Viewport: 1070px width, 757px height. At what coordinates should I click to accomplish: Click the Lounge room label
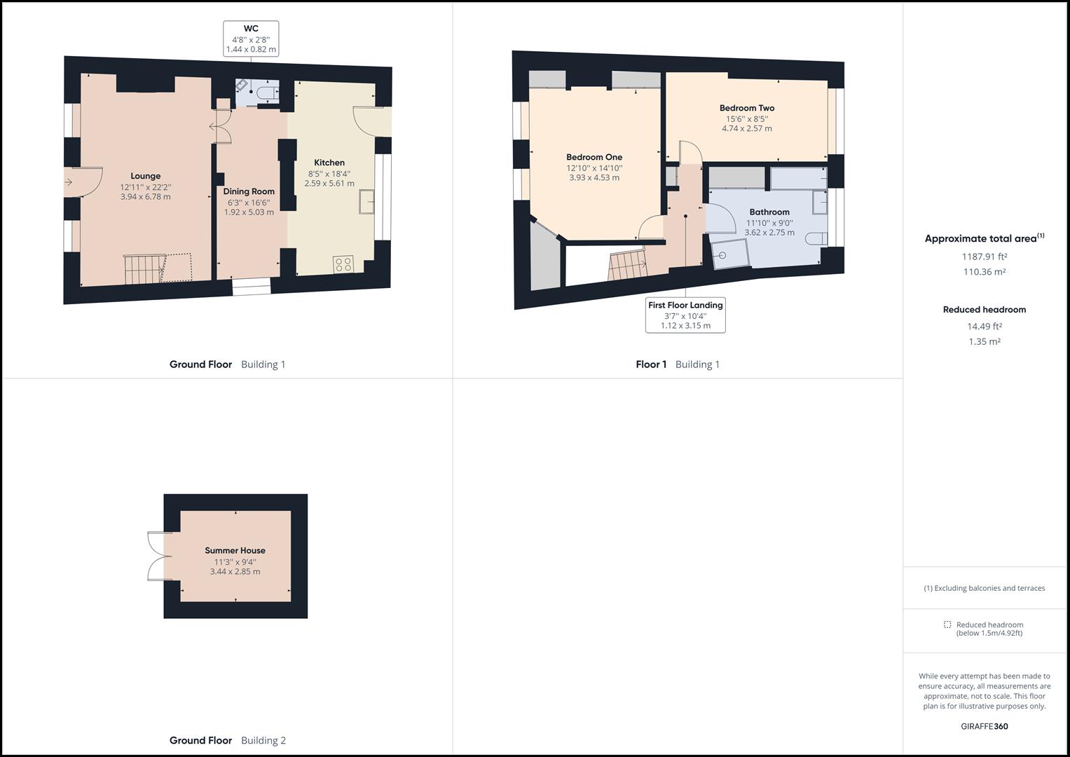145,176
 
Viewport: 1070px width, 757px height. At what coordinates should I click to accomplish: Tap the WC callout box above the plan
251,39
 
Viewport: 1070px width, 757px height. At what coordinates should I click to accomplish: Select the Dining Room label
249,191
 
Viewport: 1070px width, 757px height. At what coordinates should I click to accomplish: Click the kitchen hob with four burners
343,264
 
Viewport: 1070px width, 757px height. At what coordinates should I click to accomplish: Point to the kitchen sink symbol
366,203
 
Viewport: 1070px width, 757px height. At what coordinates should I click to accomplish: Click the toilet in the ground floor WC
267,92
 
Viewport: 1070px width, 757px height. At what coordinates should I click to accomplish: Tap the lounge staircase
144,269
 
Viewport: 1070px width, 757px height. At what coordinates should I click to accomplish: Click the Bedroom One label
594,157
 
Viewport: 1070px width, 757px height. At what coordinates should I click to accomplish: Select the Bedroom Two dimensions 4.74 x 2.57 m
747,129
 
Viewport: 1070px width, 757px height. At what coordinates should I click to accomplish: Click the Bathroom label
769,212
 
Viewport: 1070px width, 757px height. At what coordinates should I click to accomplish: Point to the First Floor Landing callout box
685,315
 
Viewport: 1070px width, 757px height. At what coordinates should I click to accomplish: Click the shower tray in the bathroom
729,254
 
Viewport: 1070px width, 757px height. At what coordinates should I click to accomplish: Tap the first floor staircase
627,266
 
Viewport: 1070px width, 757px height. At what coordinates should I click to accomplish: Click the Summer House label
235,550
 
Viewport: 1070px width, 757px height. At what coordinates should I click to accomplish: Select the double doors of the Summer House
158,556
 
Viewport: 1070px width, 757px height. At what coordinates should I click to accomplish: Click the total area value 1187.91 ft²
984,257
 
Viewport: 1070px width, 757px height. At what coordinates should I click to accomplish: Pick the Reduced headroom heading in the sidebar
984,309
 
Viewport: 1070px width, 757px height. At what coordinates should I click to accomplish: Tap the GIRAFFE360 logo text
984,726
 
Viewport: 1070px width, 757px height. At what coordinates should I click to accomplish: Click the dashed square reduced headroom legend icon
947,625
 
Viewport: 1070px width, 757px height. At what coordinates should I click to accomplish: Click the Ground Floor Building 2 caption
228,740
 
